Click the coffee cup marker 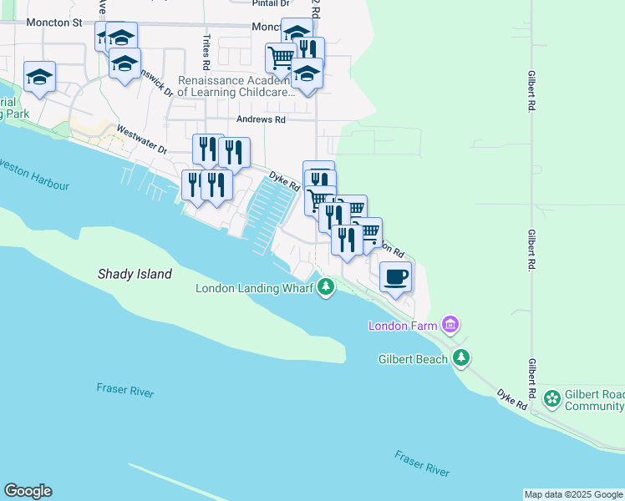click(395, 276)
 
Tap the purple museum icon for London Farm click(450, 324)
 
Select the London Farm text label click(404, 325)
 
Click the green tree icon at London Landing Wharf click(325, 288)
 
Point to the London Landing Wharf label click(254, 289)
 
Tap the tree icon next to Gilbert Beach click(460, 358)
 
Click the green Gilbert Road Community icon click(551, 399)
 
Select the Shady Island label click(135, 274)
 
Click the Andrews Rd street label click(261, 120)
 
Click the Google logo click(28, 491)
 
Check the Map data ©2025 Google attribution click(573, 494)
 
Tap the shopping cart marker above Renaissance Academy click(281, 58)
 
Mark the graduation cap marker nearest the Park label click(38, 78)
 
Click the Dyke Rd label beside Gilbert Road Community click(511, 398)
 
